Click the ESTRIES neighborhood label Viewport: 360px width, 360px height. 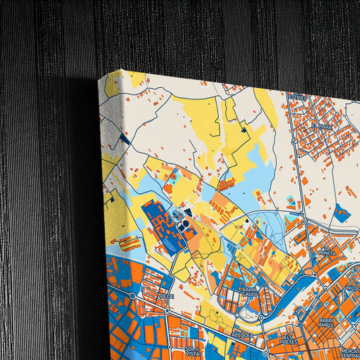[298, 97]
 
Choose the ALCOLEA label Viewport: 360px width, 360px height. [241, 334]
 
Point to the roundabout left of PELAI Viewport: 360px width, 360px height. [133, 295]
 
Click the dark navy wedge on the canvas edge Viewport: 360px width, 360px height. [124, 138]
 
